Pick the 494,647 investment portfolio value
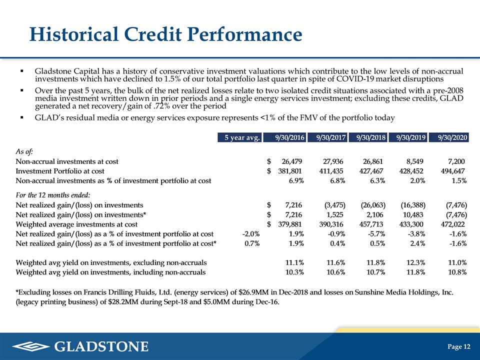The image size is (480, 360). pyautogui.click(x=453, y=171)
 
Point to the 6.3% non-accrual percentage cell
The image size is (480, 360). pyautogui.click(x=377, y=180)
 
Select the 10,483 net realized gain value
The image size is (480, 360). pyautogui.click(x=413, y=215)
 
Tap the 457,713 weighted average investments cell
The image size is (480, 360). pyautogui.click(x=371, y=224)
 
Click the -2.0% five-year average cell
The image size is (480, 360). pyautogui.click(x=250, y=234)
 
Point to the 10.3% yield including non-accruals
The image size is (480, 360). pyautogui.click(x=294, y=272)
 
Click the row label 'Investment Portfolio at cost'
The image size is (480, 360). pyautogui.click(x=60, y=171)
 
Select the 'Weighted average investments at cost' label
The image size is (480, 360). pyautogui.click(x=76, y=224)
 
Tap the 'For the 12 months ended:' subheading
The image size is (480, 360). pyautogui.click(x=53, y=195)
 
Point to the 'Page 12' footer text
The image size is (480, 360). pyautogui.click(x=458, y=346)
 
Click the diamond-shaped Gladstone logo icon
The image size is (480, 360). pyautogui.click(x=31, y=346)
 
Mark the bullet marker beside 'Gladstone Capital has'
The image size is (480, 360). pyautogui.click(x=21, y=71)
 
